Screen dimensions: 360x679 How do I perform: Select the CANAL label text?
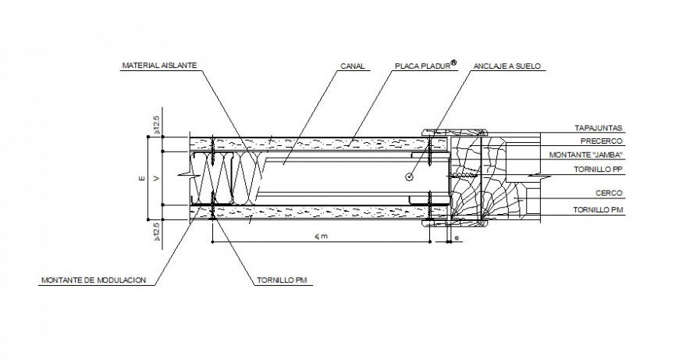(353, 67)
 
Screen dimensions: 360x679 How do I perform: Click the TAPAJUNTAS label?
(598, 128)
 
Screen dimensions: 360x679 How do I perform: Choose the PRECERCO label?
(602, 141)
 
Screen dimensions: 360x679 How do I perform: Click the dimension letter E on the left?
(142, 179)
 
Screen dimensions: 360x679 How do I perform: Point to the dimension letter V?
(155, 179)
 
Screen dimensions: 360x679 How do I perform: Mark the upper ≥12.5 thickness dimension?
(156, 123)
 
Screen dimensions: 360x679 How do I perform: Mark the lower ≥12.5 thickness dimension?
(156, 232)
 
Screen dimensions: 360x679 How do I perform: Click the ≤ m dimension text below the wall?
(321, 236)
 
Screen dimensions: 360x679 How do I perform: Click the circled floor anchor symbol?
(410, 177)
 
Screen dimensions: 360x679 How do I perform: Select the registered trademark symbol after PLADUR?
(454, 63)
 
